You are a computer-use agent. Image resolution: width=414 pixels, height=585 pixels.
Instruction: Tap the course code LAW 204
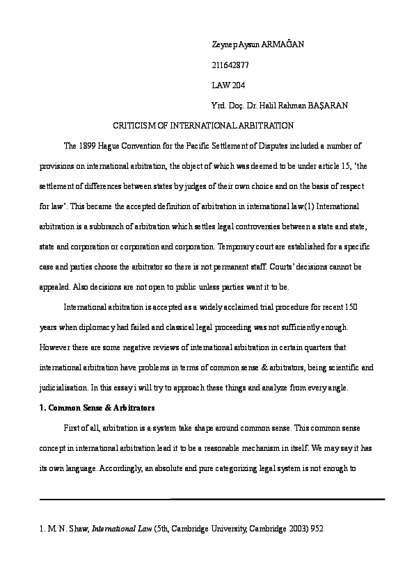pos(229,85)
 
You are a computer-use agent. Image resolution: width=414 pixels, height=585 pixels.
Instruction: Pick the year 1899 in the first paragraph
pos(88,146)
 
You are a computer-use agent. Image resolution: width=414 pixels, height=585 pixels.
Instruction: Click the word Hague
pos(113,146)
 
